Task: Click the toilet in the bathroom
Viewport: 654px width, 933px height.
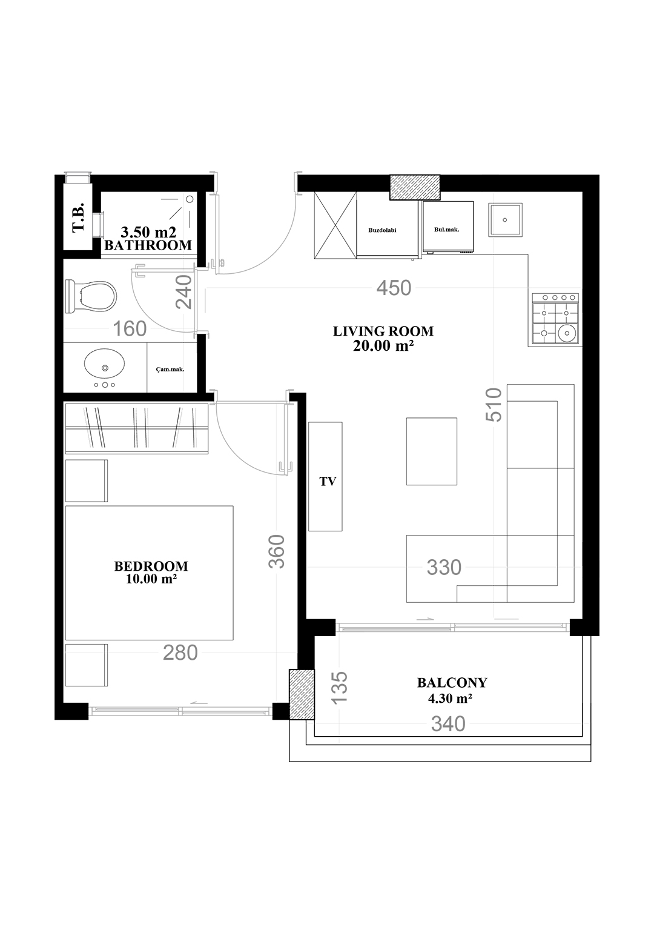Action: [x=91, y=297]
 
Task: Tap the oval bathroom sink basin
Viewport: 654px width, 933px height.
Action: [x=104, y=362]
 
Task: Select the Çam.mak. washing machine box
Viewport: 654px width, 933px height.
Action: [x=172, y=367]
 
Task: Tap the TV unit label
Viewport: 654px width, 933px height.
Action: [x=328, y=482]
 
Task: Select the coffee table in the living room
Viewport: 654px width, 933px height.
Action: [x=431, y=451]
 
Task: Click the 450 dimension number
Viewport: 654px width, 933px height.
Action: [x=394, y=288]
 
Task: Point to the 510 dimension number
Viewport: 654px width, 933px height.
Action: [x=494, y=405]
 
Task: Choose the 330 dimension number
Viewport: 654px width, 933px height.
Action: [x=444, y=567]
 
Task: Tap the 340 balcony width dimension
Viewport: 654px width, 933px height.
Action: [x=448, y=724]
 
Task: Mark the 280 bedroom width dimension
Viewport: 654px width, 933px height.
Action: [x=180, y=652]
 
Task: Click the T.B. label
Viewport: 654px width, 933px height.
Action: [x=78, y=217]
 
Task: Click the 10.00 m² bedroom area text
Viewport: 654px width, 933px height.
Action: [x=151, y=579]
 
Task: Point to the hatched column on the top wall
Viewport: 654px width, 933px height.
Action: [x=415, y=187]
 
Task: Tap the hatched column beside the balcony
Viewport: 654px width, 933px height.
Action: [x=302, y=694]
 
